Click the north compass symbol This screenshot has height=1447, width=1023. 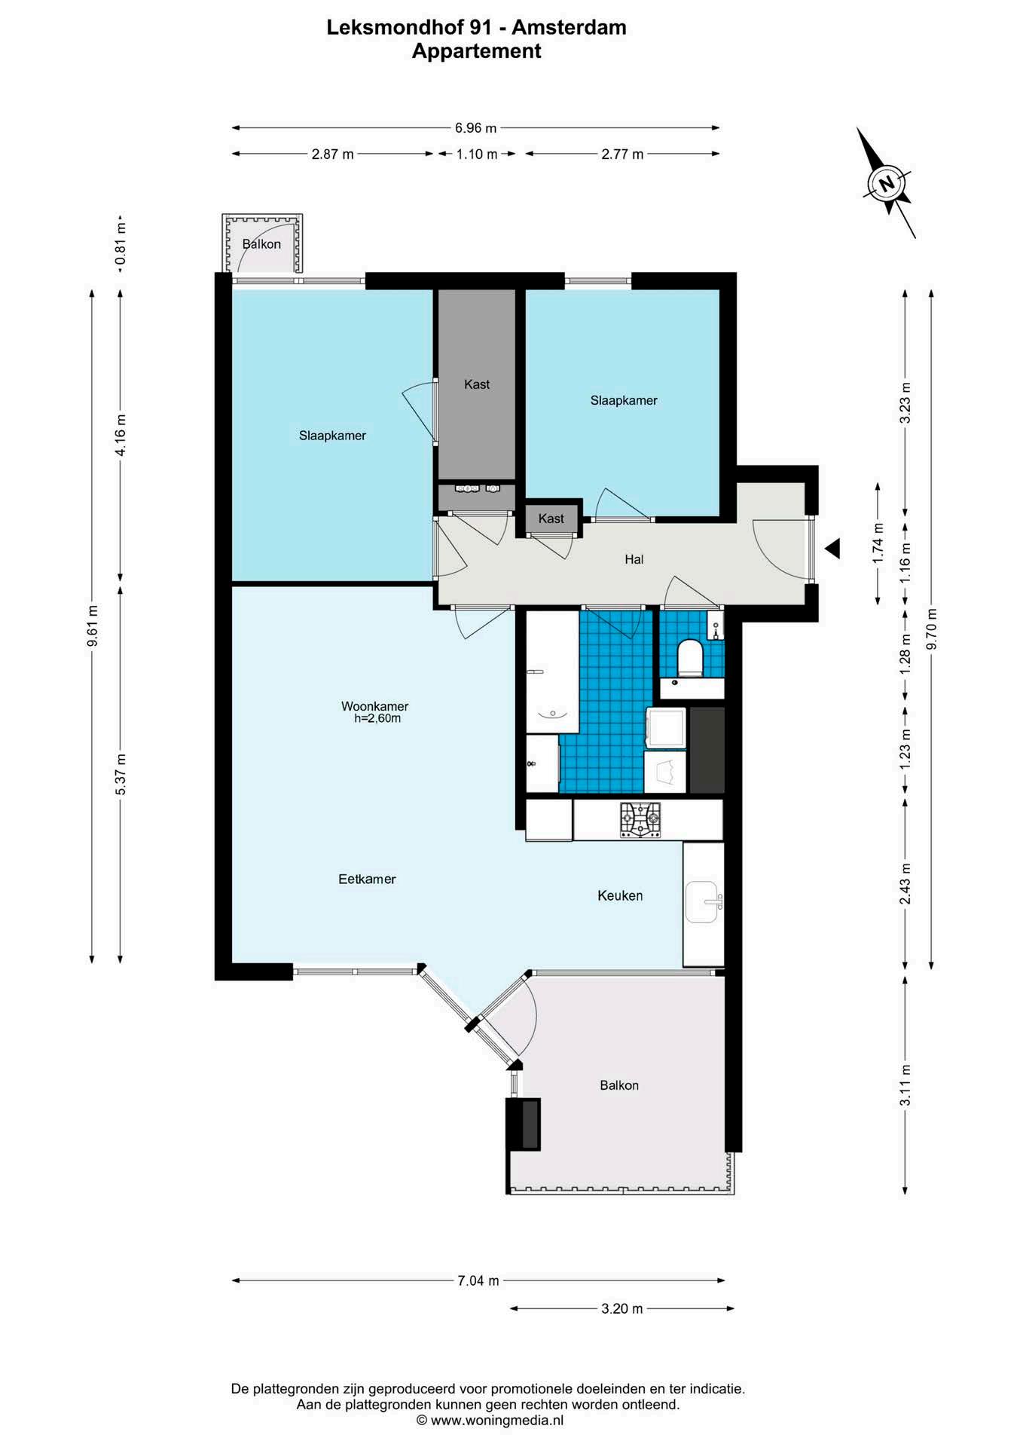[x=887, y=183]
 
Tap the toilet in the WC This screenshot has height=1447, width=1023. [x=690, y=657]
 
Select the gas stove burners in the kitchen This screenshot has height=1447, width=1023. [x=640, y=820]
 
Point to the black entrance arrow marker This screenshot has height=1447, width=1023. [x=832, y=549]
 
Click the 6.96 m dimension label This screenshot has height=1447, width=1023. [x=475, y=128]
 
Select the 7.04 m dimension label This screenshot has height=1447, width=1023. [x=478, y=1280]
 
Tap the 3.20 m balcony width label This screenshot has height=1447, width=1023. [x=622, y=1309]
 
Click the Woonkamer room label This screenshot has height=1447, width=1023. [x=374, y=706]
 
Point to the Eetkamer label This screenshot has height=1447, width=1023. [x=367, y=879]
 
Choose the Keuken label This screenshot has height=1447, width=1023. [x=620, y=895]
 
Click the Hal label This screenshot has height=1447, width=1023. [x=634, y=559]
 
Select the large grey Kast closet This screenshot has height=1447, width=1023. [x=477, y=384]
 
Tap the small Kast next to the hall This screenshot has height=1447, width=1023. [x=551, y=519]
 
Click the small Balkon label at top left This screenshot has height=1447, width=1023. [x=261, y=244]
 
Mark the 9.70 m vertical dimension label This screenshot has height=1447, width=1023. [x=932, y=629]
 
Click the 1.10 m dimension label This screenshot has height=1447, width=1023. [x=477, y=154]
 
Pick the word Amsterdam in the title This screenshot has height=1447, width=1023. [x=569, y=28]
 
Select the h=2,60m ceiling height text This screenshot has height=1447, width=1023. [x=377, y=718]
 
